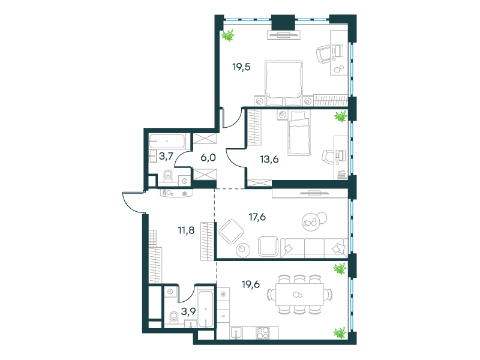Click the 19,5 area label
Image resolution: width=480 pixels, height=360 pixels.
(x=241, y=67)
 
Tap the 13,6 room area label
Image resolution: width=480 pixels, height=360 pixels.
(x=269, y=159)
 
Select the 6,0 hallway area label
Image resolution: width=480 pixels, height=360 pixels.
(x=208, y=158)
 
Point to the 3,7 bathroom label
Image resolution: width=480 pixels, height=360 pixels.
(x=166, y=157)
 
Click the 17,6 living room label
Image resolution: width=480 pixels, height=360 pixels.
(x=257, y=217)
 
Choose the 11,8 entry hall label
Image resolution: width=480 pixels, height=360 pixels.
(x=186, y=230)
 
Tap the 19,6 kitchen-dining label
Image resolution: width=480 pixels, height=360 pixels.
(x=251, y=284)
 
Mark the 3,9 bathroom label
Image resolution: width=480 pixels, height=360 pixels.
(x=188, y=311)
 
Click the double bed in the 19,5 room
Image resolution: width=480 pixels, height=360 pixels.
(x=284, y=83)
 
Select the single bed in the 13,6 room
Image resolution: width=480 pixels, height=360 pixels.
(x=299, y=133)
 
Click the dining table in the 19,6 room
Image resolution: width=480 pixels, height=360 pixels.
(x=299, y=295)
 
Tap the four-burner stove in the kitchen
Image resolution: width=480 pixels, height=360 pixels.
(x=262, y=333)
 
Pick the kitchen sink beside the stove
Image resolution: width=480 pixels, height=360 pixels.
(x=236, y=333)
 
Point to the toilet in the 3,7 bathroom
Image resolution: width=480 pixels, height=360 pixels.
(x=168, y=175)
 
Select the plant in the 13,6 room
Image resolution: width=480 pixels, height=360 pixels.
(x=340, y=116)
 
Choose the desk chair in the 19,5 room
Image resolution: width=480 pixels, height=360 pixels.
(x=323, y=53)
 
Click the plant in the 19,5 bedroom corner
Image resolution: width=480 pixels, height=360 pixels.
(x=228, y=35)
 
